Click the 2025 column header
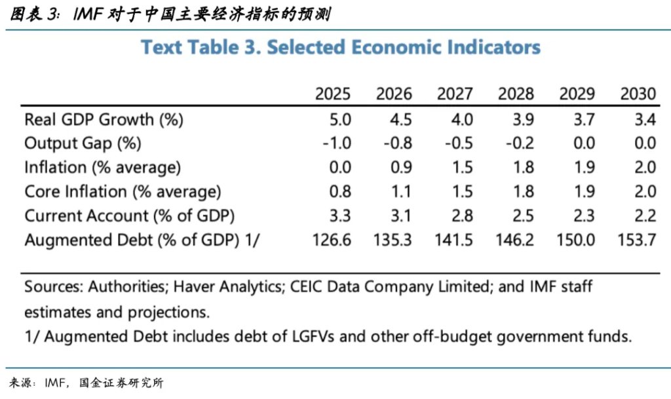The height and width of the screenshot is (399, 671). point(333,94)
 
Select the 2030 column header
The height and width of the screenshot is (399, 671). point(638,94)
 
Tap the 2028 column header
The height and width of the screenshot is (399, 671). point(516,94)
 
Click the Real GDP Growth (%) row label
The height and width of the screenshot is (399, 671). point(104,119)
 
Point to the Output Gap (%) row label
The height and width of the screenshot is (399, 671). point(83,143)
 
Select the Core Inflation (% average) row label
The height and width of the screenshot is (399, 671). point(123,191)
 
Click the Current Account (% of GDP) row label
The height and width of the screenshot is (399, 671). point(129,216)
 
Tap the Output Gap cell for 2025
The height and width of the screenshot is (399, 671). point(337,143)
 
